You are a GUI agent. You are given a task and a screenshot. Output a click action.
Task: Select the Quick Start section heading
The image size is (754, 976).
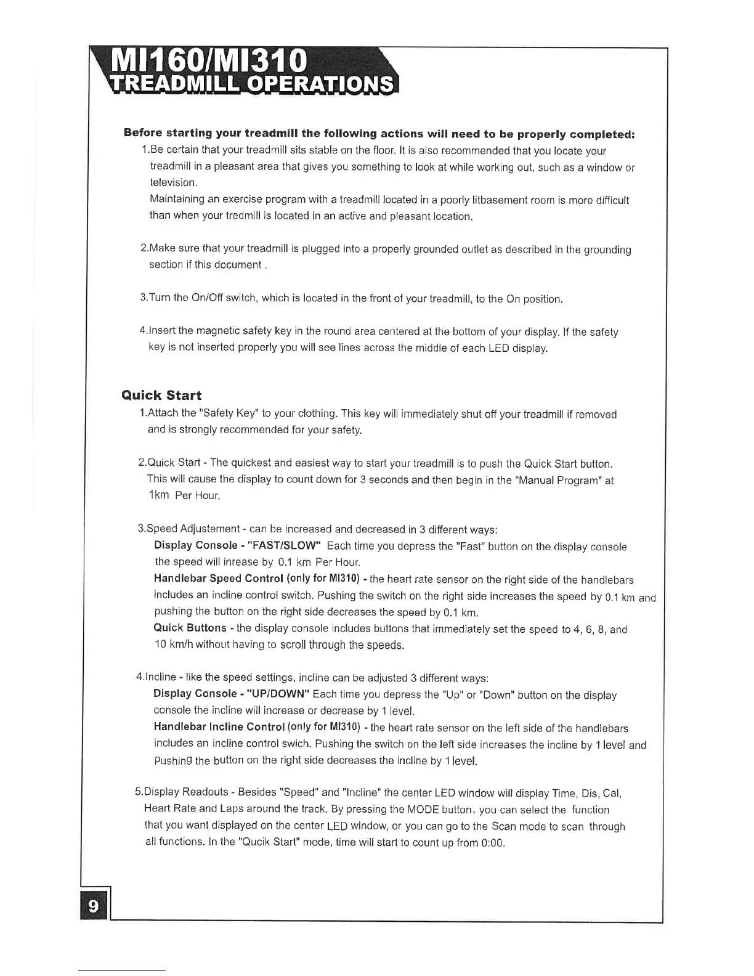[x=161, y=395]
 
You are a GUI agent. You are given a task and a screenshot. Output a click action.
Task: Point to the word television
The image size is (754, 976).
[x=173, y=183]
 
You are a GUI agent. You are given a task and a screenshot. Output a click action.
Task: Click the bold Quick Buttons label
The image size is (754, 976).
[x=190, y=628]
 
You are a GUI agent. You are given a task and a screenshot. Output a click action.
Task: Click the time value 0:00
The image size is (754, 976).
[x=492, y=842]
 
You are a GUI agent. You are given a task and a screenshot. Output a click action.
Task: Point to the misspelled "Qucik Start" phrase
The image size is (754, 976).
[x=267, y=842]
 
